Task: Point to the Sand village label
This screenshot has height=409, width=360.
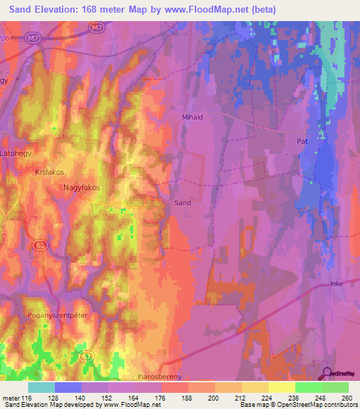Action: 182,202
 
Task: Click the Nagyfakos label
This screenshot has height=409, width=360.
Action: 82,188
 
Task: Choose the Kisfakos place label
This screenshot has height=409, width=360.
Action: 49,171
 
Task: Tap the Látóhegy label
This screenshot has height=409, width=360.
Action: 17,152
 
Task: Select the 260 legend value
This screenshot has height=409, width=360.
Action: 347,398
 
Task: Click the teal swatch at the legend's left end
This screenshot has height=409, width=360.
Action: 41,387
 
